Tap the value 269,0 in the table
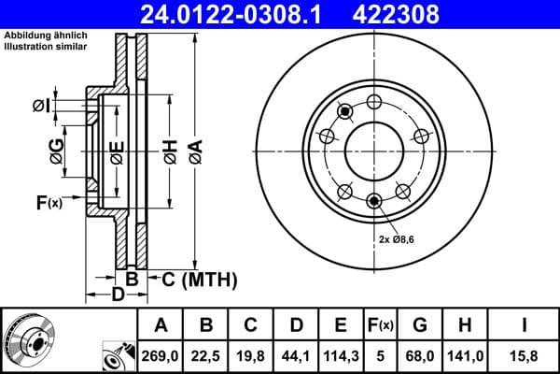click(x=161, y=354)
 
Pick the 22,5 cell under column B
click(x=206, y=354)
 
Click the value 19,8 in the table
click(x=251, y=354)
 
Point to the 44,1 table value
click(x=296, y=354)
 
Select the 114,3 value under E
click(x=342, y=354)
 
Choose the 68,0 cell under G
click(x=421, y=354)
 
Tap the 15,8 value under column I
click(x=525, y=354)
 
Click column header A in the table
click(x=161, y=325)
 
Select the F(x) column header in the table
click(x=381, y=325)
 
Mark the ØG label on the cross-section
click(x=57, y=151)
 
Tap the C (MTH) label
click(x=199, y=279)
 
